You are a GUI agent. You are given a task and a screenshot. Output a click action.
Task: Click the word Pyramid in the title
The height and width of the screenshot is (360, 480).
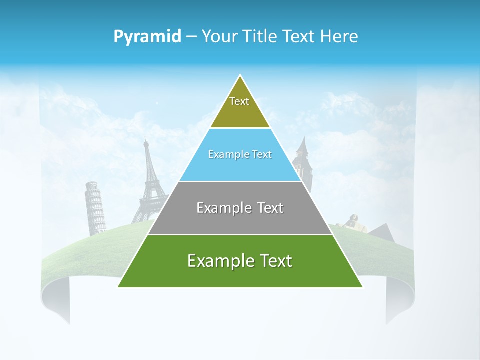pos(147,37)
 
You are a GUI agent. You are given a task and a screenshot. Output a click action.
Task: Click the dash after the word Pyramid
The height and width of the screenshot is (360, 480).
pos(191,37)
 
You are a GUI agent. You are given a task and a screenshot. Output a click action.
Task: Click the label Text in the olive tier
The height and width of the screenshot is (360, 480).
pos(239,101)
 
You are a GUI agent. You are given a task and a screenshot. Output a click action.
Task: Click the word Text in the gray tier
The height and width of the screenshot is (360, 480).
pos(271,208)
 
